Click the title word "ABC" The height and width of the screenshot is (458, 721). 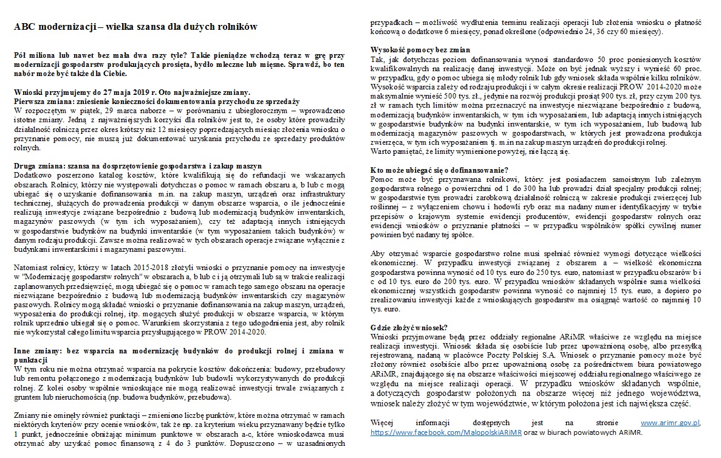click(25, 27)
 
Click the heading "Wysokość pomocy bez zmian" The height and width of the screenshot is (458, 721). click(420, 50)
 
